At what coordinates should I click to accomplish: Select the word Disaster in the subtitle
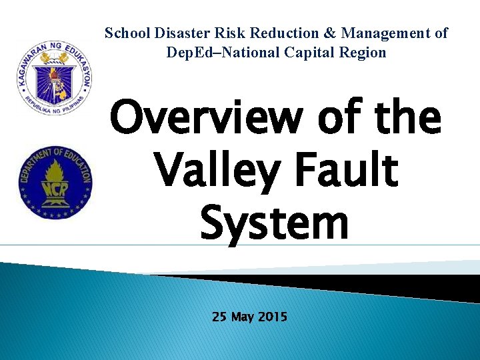(179, 33)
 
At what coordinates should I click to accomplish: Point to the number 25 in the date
(219, 317)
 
